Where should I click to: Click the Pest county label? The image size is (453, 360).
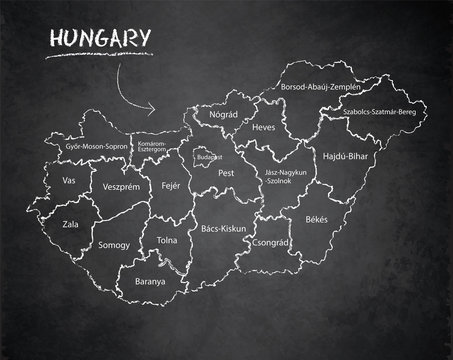click(x=226, y=173)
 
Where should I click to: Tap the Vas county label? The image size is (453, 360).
click(x=69, y=180)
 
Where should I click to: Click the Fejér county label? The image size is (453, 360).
click(x=171, y=187)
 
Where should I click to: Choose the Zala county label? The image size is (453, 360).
click(x=70, y=225)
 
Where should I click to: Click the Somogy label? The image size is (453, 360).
click(x=115, y=244)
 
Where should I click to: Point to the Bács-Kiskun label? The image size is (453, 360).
click(x=218, y=229)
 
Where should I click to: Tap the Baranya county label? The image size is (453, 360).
click(x=151, y=282)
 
